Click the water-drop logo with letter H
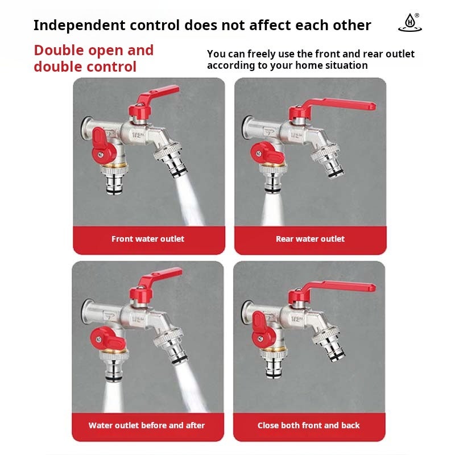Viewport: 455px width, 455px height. point(409,23)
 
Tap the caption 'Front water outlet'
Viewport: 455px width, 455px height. point(148,239)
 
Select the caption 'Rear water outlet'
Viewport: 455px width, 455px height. point(310,239)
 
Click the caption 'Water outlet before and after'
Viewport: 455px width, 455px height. point(147,425)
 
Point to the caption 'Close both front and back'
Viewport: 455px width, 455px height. point(308,425)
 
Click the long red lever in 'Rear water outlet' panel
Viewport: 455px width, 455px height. point(334,105)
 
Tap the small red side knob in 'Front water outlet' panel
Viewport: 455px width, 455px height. point(102,148)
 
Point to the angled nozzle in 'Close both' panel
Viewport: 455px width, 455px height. point(329,342)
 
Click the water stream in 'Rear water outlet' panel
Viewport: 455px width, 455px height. point(272,208)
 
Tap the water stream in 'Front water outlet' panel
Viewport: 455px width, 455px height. point(189,201)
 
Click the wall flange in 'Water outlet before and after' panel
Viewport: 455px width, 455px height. point(88,312)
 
